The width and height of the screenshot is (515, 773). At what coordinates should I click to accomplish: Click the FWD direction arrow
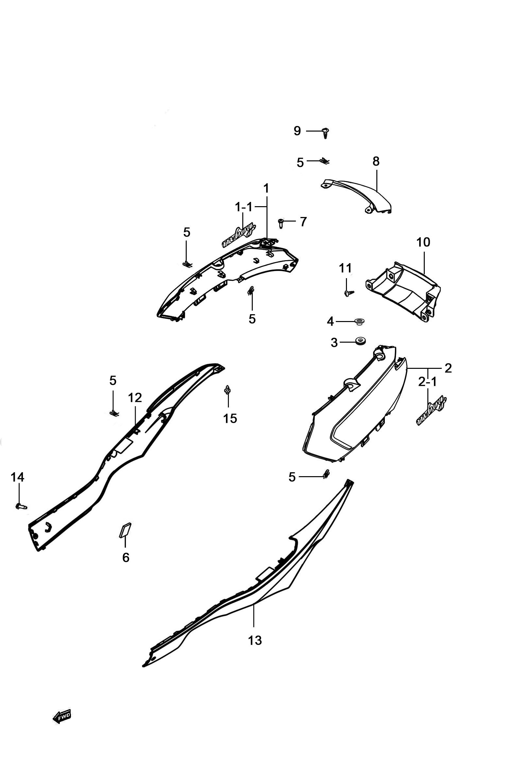[62, 716]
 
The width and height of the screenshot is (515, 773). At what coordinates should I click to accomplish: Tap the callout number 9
[297, 131]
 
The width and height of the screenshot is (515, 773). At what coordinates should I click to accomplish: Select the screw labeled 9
[325, 133]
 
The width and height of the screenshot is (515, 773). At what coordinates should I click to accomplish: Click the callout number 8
[376, 161]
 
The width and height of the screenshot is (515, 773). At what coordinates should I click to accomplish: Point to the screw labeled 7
[281, 223]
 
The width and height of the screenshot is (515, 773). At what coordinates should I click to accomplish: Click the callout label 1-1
[243, 207]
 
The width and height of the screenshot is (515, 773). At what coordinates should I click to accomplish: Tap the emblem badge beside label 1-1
[239, 235]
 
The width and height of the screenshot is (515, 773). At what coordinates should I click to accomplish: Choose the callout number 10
[423, 242]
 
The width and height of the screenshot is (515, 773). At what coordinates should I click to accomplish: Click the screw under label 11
[349, 293]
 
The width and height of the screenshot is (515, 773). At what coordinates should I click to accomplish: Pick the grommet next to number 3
[361, 340]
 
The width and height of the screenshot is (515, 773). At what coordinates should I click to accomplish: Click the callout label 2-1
[428, 382]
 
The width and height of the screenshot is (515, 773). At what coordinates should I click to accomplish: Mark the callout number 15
[230, 418]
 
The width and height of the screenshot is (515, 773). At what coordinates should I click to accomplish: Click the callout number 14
[17, 477]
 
